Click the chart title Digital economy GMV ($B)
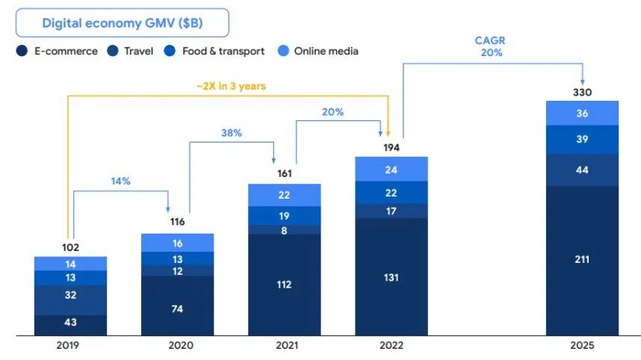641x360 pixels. click(x=123, y=23)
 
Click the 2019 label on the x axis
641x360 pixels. click(x=70, y=347)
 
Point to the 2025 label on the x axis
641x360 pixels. click(x=582, y=347)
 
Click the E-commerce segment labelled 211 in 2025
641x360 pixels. click(x=582, y=260)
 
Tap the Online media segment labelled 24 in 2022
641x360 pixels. click(x=391, y=170)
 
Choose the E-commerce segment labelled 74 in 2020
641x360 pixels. click(x=177, y=308)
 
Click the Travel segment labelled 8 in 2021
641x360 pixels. click(x=285, y=231)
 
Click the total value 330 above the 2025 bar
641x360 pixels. click(x=582, y=93)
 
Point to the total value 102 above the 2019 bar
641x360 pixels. click(x=70, y=247)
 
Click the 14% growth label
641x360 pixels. click(x=121, y=181)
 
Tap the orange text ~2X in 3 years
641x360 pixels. click(x=232, y=86)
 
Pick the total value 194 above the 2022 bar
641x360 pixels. click(x=391, y=148)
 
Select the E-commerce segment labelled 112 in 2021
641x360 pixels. click(x=285, y=285)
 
